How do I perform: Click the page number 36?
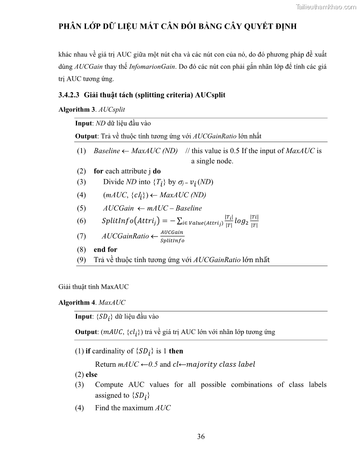pos(201,437)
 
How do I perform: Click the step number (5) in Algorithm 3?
pos(82,208)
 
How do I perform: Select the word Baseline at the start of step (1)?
pos(107,151)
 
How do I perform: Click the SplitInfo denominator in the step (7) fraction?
pos(172,241)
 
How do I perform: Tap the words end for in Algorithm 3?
pos(105,249)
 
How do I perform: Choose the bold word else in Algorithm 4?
pos(91,374)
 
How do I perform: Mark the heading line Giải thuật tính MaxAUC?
pos(94,287)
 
